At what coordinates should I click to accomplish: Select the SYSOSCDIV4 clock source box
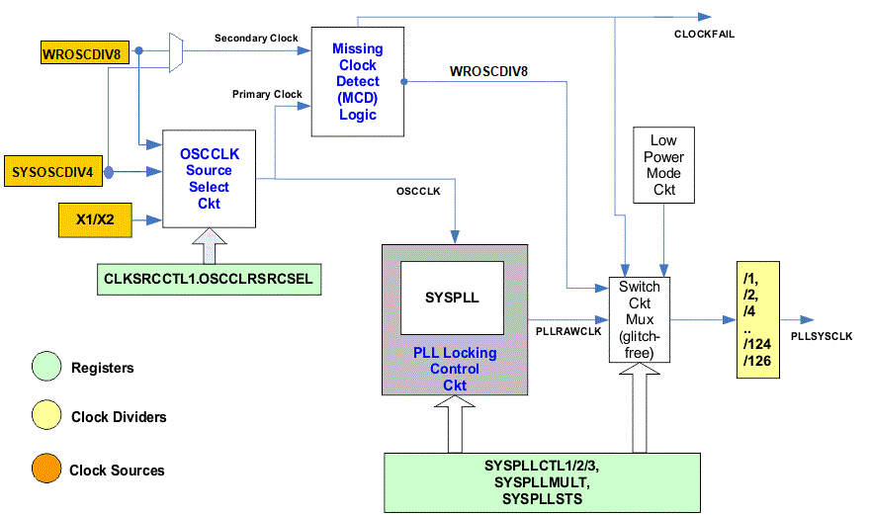(x=51, y=171)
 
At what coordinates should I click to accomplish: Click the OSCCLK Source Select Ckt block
(x=210, y=178)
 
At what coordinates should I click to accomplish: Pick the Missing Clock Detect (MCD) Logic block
(x=357, y=81)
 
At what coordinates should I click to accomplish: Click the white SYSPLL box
(x=452, y=298)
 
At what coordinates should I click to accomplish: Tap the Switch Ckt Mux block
(x=640, y=320)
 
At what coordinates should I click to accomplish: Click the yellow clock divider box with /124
(x=757, y=320)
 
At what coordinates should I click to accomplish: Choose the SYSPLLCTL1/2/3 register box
(x=541, y=481)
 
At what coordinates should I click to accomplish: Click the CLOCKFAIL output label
(x=704, y=35)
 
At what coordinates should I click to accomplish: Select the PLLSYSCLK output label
(x=821, y=336)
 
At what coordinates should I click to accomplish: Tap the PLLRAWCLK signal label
(x=567, y=332)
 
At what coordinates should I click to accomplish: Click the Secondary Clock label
(x=256, y=39)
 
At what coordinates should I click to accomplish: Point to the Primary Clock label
(x=267, y=95)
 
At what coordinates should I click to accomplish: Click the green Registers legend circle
(x=45, y=367)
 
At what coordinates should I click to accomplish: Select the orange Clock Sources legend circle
(x=45, y=470)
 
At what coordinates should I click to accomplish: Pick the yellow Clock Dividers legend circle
(x=45, y=416)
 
